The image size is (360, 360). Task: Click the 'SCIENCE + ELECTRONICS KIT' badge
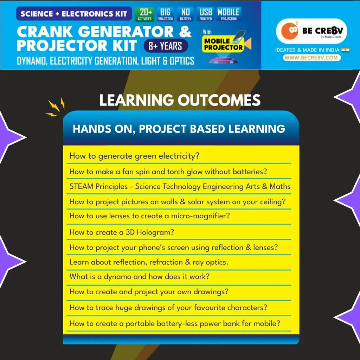tap(73, 14)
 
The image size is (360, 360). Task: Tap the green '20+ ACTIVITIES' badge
tap(145, 14)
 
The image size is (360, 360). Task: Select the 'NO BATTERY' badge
tap(185, 14)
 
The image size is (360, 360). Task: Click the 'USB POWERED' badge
tap(206, 14)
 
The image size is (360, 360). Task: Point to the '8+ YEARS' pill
tap(166, 46)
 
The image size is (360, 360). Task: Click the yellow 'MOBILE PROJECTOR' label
tap(224, 44)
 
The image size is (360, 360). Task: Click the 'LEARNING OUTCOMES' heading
tap(180, 100)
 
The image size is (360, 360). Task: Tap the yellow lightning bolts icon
tap(56, 107)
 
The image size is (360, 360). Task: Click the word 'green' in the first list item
tap(146, 156)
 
